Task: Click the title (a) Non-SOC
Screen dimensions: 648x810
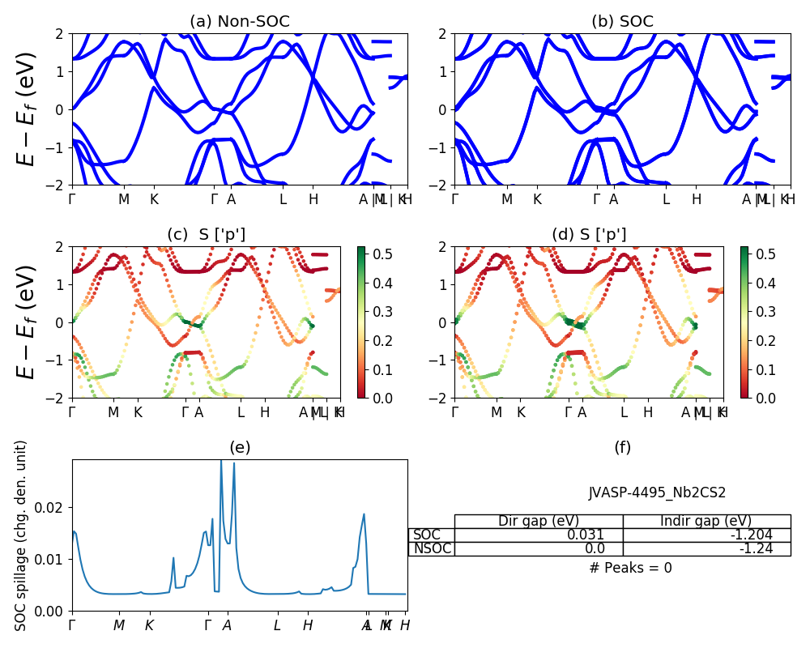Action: click(x=239, y=22)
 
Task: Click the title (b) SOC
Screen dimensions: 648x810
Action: click(x=622, y=22)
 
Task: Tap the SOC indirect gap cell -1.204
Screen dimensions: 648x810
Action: click(x=752, y=535)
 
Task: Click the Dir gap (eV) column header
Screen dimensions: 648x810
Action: click(x=539, y=521)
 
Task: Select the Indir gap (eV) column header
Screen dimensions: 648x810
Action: click(x=706, y=521)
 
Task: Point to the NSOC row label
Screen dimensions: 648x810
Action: click(x=432, y=548)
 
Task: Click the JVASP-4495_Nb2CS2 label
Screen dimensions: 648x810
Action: click(x=646, y=492)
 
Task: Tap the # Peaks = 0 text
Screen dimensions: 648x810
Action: click(x=630, y=568)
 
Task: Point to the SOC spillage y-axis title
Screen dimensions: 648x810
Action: click(x=22, y=535)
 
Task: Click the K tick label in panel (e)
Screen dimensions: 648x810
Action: click(x=149, y=625)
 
